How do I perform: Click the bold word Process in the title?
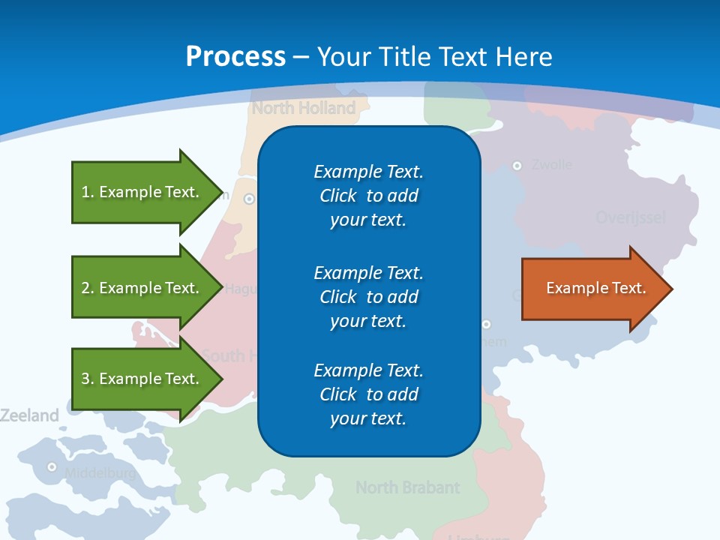[x=235, y=57]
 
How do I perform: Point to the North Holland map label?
[x=304, y=108]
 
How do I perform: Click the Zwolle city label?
[x=551, y=165]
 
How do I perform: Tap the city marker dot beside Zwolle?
[x=517, y=165]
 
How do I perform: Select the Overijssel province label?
[x=630, y=218]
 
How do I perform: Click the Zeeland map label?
[x=29, y=415]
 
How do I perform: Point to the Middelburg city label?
[x=100, y=473]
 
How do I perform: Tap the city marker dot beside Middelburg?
[x=52, y=466]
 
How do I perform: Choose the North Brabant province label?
[x=407, y=487]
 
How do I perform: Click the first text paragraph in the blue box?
[x=368, y=196]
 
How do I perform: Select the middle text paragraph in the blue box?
[x=368, y=296]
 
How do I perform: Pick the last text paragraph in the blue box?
[x=368, y=394]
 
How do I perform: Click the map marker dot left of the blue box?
[x=249, y=199]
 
